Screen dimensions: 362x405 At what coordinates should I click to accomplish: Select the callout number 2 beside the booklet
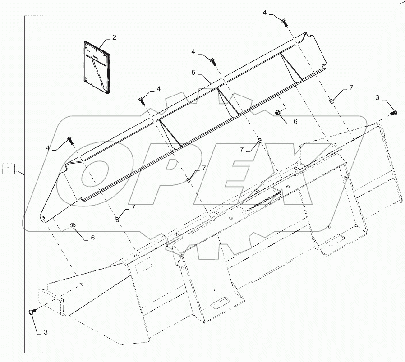[x=114, y=38]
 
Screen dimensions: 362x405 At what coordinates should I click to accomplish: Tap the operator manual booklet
[x=97, y=68]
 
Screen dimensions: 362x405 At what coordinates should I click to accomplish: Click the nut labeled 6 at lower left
[x=72, y=225]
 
